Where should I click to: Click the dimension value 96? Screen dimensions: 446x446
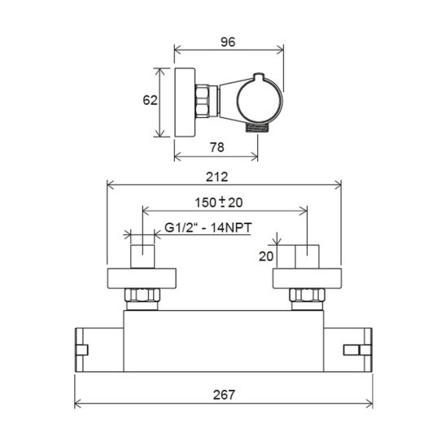click(x=228, y=42)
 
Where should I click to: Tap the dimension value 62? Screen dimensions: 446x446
click(x=150, y=100)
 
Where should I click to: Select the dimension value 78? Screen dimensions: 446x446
click(x=217, y=147)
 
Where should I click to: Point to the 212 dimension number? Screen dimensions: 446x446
click(x=216, y=177)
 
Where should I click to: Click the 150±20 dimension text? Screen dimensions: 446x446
click(x=218, y=203)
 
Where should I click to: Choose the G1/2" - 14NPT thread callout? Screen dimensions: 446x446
click(x=208, y=228)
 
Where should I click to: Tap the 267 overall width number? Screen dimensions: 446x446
click(x=224, y=395)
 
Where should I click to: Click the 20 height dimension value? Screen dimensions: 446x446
click(x=266, y=256)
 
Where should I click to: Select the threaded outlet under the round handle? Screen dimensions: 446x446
click(x=256, y=128)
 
